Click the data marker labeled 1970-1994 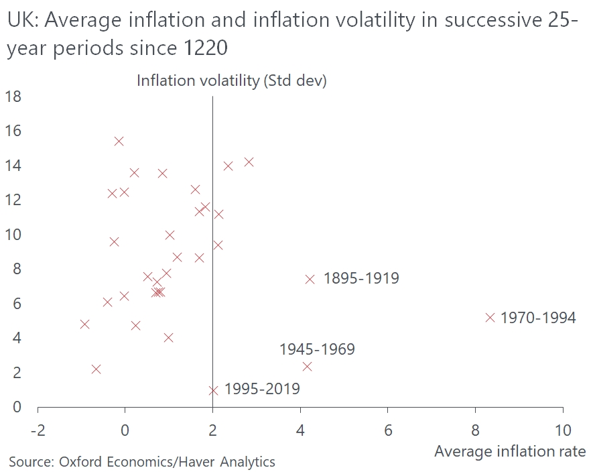[x=490, y=317]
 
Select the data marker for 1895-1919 [x=310, y=279]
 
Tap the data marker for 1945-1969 [x=307, y=366]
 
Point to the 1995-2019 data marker [x=213, y=390]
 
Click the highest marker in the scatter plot [x=119, y=141]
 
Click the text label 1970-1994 [x=538, y=318]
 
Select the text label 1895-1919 [x=361, y=278]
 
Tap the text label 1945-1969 [x=317, y=349]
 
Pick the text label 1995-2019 [x=262, y=389]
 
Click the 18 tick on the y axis [x=13, y=97]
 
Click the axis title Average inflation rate [x=510, y=451]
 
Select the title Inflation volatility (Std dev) [x=231, y=80]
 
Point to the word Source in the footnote [x=31, y=461]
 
